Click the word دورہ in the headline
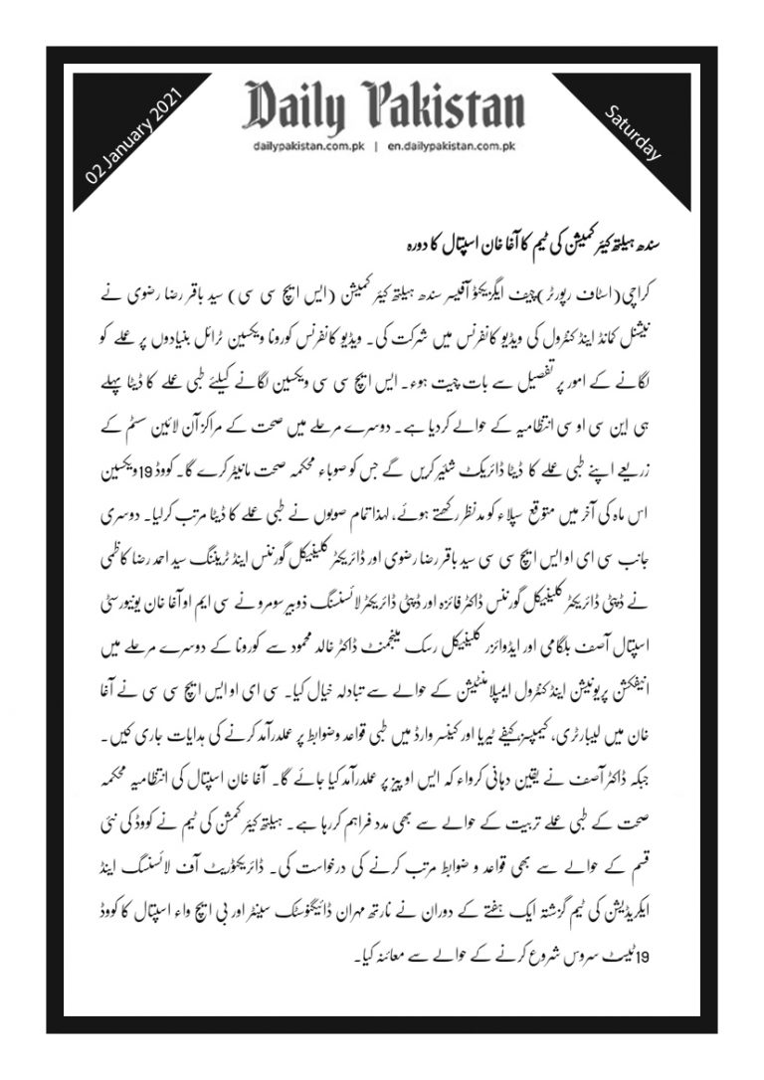[391, 242]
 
